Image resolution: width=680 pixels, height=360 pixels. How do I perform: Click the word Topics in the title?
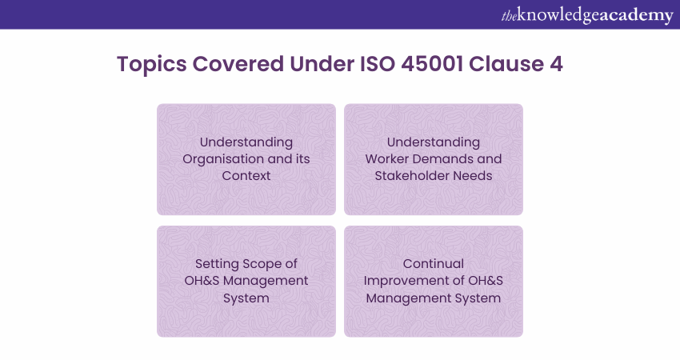click(x=152, y=64)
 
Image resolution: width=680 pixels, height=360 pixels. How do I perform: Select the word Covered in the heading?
click(x=238, y=64)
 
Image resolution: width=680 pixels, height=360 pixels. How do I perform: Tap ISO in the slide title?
click(x=378, y=64)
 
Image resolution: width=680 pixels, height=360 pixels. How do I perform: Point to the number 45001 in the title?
click(x=432, y=64)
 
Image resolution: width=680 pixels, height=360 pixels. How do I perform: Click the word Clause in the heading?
click(x=506, y=64)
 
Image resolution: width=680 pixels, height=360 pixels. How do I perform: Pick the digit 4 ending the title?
click(x=557, y=64)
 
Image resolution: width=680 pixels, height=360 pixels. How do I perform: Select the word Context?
click(x=246, y=176)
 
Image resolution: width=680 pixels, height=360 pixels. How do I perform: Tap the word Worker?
click(x=387, y=158)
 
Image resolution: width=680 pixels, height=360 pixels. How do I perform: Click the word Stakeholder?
click(x=412, y=176)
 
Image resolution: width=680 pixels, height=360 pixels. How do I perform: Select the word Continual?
click(x=434, y=264)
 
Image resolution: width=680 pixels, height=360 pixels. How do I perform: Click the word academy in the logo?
click(x=635, y=16)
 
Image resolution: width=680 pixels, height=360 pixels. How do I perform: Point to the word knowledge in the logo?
click(x=558, y=15)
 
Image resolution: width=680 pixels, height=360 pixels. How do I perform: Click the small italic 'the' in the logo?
click(x=509, y=16)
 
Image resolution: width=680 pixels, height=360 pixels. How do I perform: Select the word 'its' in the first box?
click(x=302, y=158)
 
